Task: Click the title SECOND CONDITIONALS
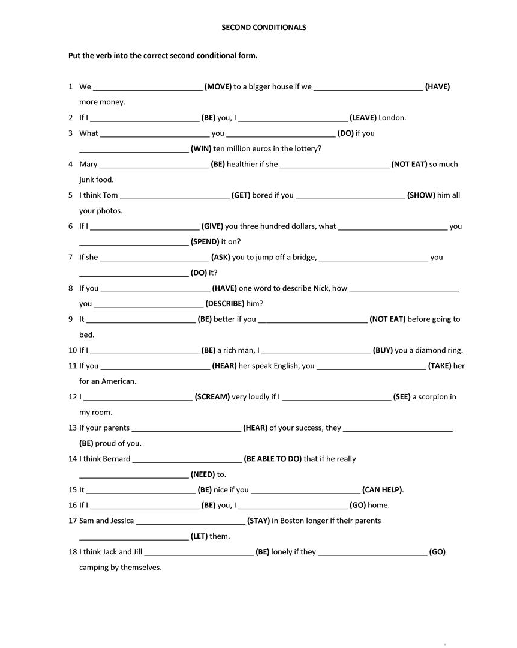pyautogui.click(x=263, y=27)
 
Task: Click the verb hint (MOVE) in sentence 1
pyautogui.click(x=218, y=86)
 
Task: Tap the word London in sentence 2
pyautogui.click(x=392, y=118)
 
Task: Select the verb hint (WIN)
pyautogui.click(x=200, y=148)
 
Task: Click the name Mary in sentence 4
pyautogui.click(x=88, y=164)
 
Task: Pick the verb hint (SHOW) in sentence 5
pyautogui.click(x=421, y=195)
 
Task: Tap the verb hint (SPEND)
pyautogui.click(x=205, y=242)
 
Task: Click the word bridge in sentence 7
pyautogui.click(x=303, y=258)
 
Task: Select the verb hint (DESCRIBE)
pyautogui.click(x=224, y=304)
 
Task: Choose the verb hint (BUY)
pyautogui.click(x=383, y=350)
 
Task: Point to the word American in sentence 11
pyautogui.click(x=119, y=381)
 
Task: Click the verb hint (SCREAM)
pyautogui.click(x=212, y=397)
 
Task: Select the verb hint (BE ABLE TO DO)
pyautogui.click(x=273, y=459)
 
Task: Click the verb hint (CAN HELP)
pyautogui.click(x=383, y=490)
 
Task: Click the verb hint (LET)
pyautogui.click(x=199, y=536)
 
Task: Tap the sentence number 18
pyautogui.click(x=73, y=552)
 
